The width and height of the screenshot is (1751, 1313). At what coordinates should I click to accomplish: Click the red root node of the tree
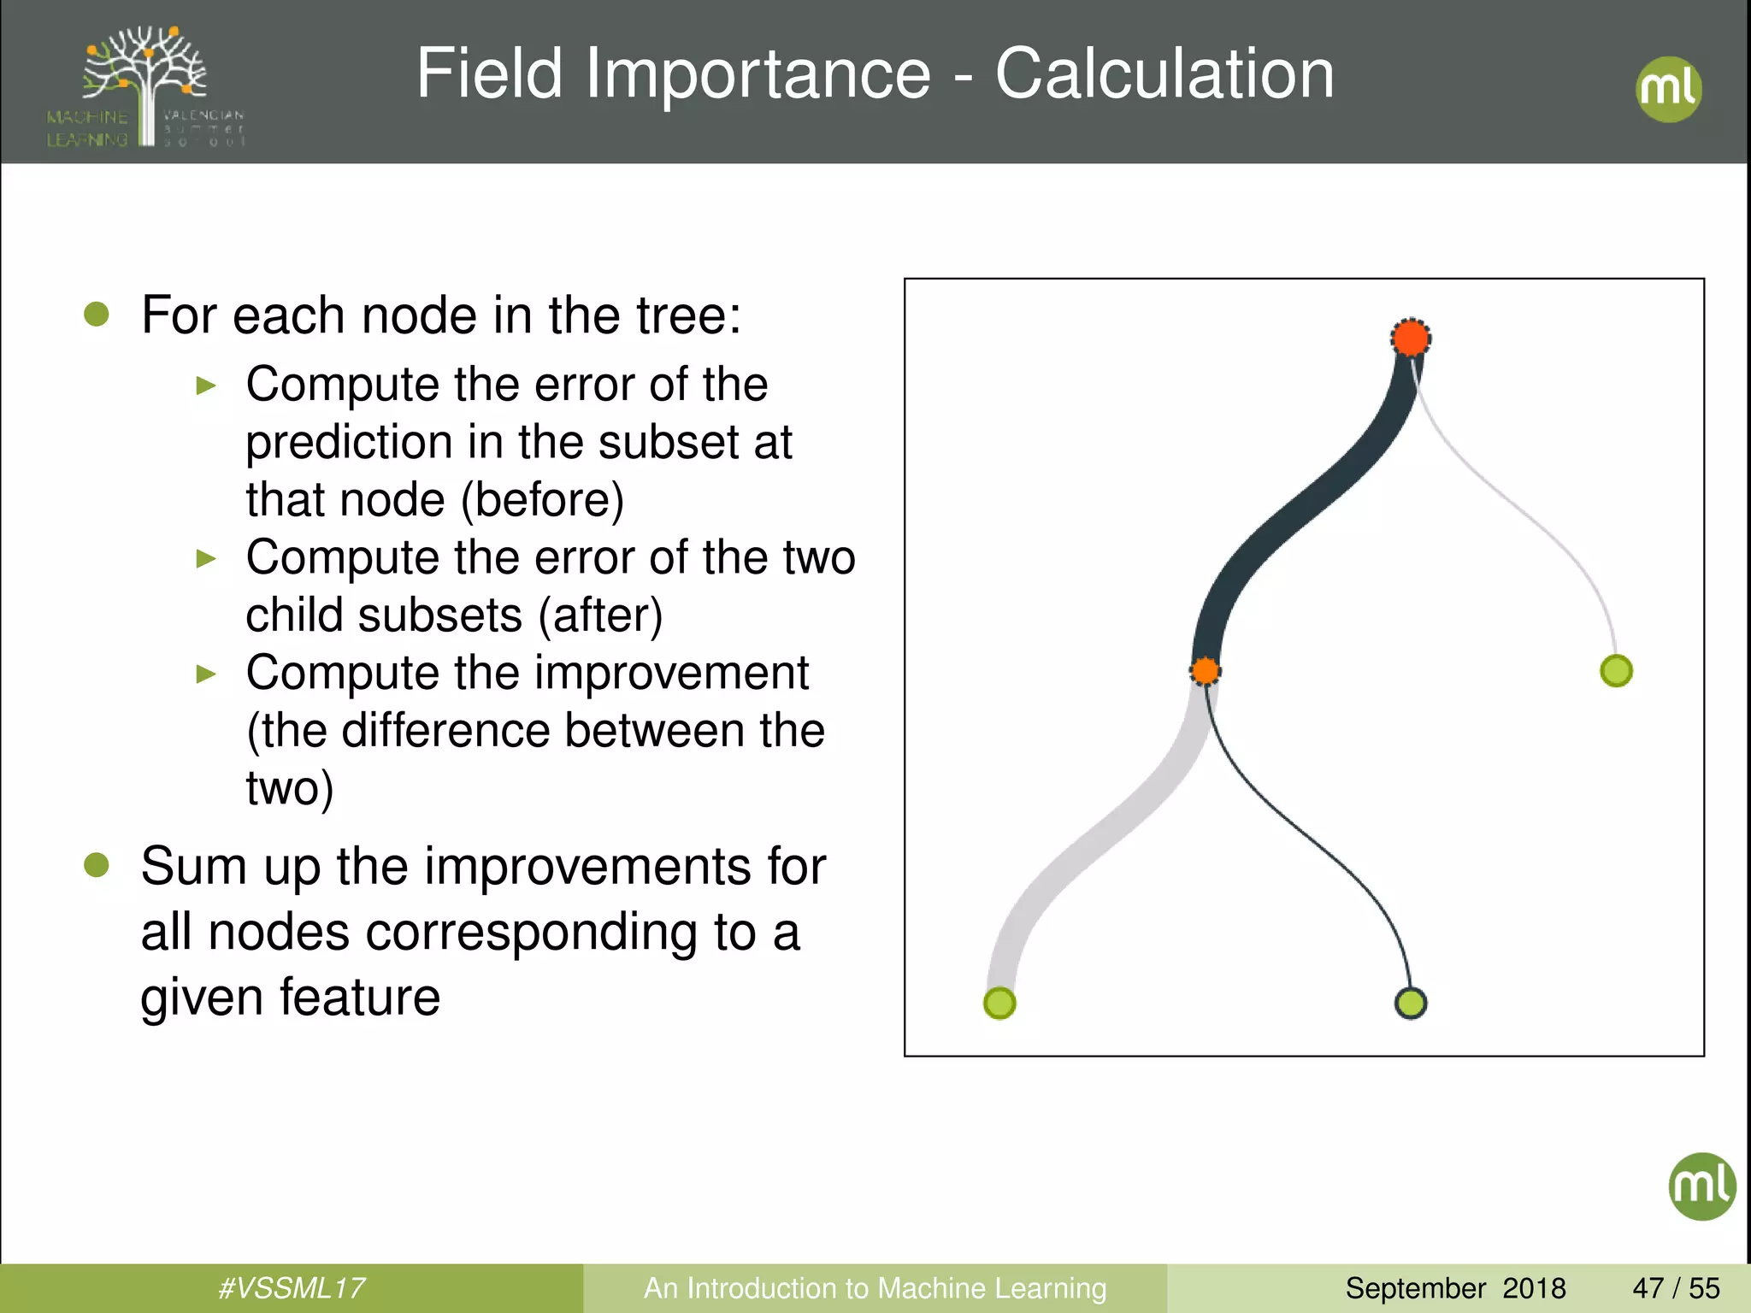pos(1411,338)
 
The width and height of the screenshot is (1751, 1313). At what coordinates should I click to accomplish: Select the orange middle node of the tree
pos(1206,671)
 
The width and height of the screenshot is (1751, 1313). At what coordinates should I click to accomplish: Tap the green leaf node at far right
pos(1616,671)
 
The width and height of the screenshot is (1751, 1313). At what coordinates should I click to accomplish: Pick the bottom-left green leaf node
pos(999,1003)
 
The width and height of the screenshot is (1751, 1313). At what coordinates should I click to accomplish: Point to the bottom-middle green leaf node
pos(1411,1003)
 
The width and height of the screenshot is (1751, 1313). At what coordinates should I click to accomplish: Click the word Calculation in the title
pos(1164,74)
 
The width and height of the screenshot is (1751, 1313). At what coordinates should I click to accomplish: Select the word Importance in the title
pos(758,74)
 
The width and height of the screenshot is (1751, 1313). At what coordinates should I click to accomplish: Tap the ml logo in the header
pos(1668,89)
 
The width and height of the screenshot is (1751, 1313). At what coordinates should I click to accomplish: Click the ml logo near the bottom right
pos(1701,1186)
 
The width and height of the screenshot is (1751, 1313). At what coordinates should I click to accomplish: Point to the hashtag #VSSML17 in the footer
pos(292,1288)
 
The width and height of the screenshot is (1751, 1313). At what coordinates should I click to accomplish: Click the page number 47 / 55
pos(1676,1288)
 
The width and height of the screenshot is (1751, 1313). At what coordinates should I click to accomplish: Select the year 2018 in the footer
pos(1534,1288)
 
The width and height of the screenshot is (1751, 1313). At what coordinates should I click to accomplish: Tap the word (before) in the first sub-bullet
pos(543,500)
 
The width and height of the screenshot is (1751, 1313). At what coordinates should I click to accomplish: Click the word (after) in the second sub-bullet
pos(600,615)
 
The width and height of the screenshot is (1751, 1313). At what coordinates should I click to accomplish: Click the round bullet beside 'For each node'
pos(97,315)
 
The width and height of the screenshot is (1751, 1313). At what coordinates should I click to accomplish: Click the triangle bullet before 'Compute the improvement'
pos(206,674)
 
